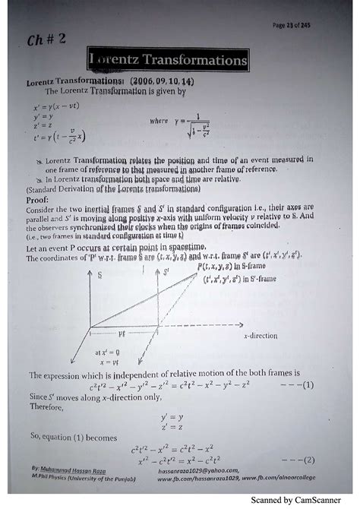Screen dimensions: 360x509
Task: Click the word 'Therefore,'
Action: pos(45,405)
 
